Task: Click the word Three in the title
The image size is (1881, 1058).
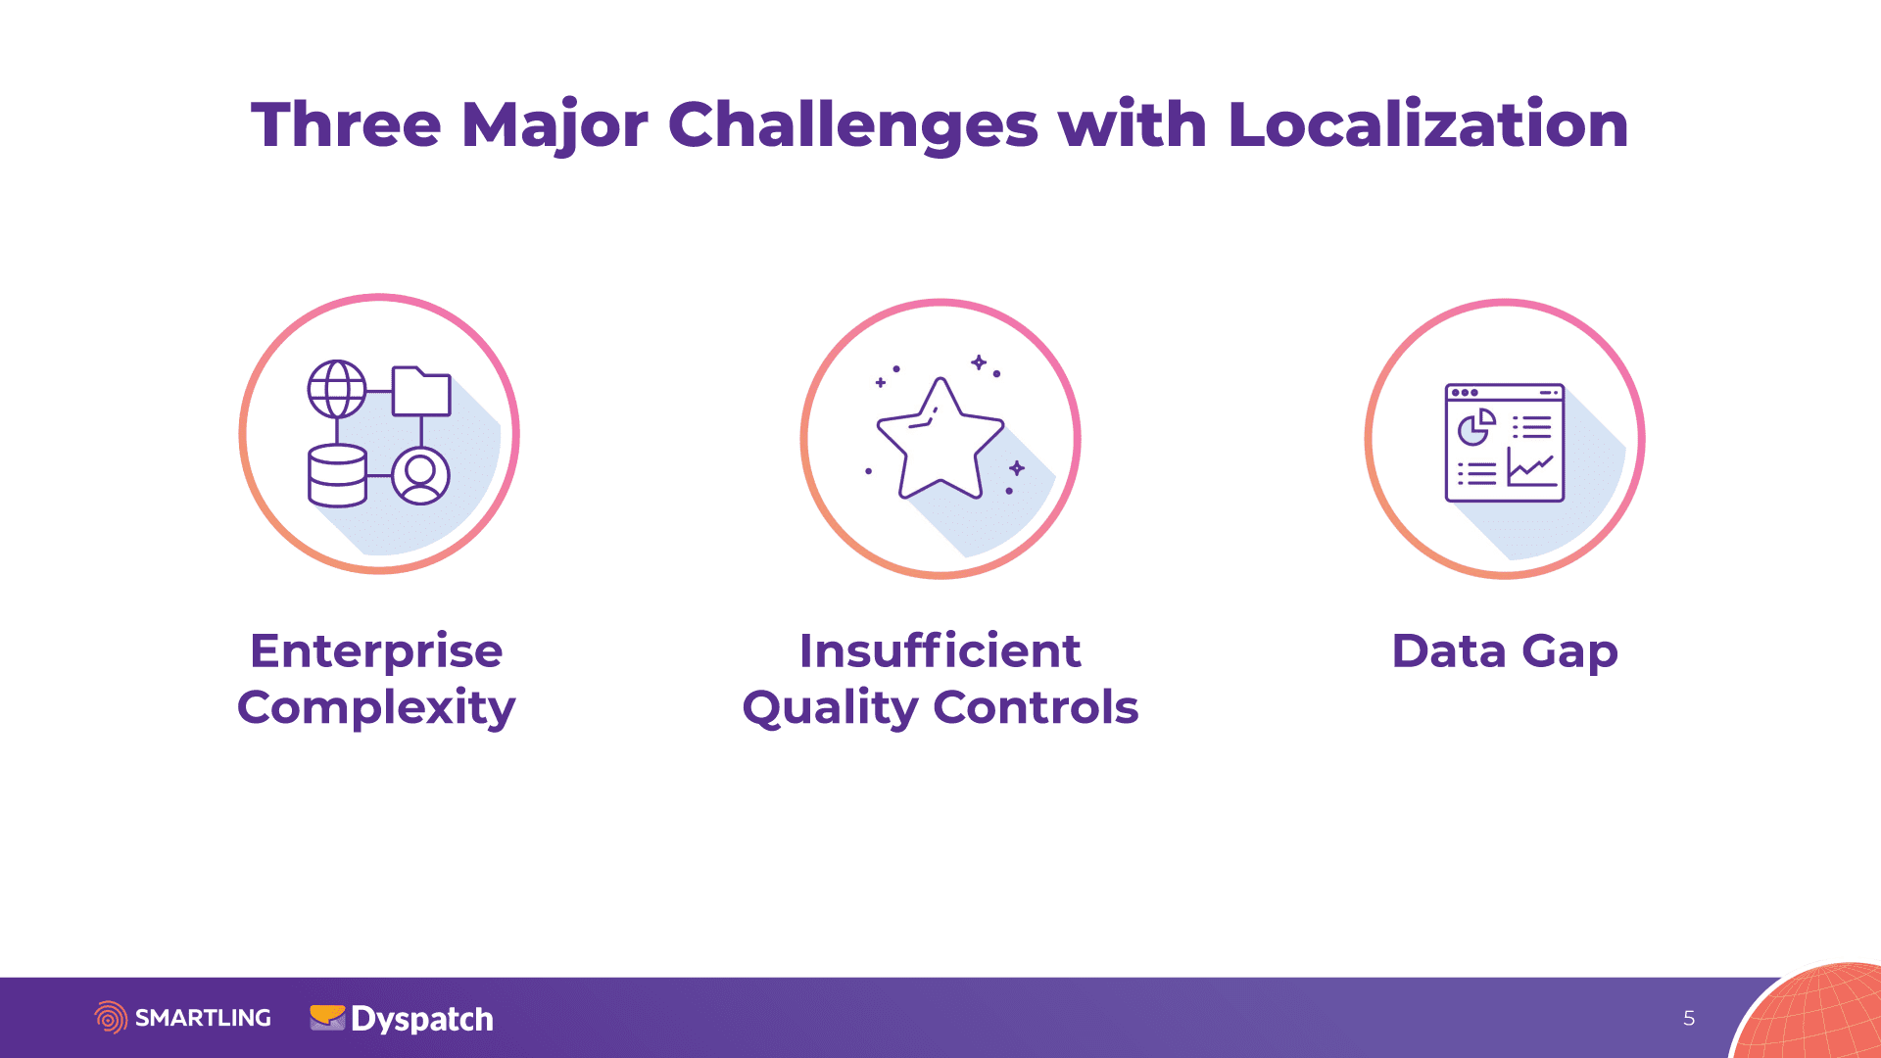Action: click(x=346, y=124)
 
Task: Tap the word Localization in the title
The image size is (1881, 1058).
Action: click(x=1427, y=124)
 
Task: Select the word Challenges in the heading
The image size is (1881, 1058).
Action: click(x=852, y=125)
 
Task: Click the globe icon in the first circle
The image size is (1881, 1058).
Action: click(x=337, y=389)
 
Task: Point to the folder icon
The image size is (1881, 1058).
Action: click(x=421, y=391)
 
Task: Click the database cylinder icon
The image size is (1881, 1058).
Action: click(x=337, y=475)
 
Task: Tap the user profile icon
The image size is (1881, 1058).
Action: click(x=421, y=476)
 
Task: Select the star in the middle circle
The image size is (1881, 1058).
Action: click(x=940, y=440)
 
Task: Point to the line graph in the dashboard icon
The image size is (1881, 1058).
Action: click(x=1531, y=467)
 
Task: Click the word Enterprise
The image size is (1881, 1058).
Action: click(x=376, y=652)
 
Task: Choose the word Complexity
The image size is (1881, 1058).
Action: click(x=376, y=708)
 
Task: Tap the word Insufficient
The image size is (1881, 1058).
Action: click(x=940, y=651)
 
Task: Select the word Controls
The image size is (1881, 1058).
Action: click(x=1036, y=707)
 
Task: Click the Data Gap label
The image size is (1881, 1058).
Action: click(x=1505, y=652)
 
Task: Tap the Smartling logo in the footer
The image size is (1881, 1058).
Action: click(x=183, y=1018)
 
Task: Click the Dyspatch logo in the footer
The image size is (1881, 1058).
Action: click(x=402, y=1019)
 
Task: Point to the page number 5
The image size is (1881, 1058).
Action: click(x=1689, y=1019)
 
